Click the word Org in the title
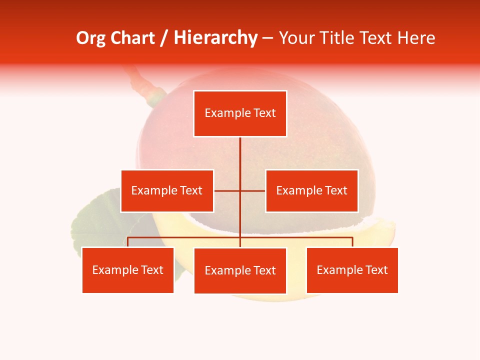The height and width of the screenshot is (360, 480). coord(91,38)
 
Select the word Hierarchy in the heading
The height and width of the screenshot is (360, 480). coord(215,38)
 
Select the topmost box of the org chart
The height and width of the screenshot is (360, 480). coord(240,113)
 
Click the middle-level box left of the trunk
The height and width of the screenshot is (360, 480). coord(167,190)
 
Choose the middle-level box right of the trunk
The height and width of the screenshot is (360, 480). coord(311,190)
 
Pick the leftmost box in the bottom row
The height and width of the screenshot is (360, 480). coord(127,270)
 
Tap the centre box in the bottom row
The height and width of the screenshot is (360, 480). coord(240,270)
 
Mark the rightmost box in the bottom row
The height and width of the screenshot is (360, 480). coord(352,270)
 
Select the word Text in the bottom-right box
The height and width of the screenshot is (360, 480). coord(376,270)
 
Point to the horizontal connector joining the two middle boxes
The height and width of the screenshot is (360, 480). coord(252,190)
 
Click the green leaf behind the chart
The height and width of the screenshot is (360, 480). coord(95,225)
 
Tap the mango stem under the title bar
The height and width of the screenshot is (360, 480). coord(145,85)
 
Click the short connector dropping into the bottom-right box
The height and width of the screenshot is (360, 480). coord(352,242)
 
